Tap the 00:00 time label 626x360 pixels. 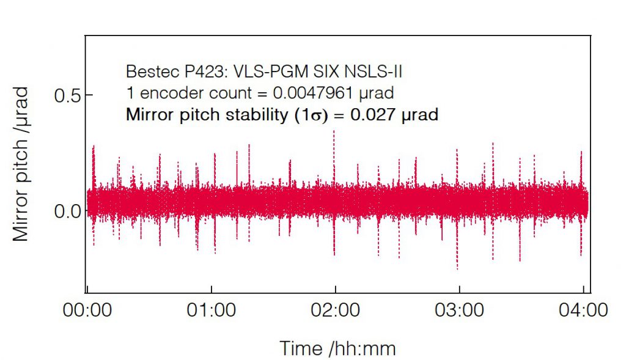pos(88,310)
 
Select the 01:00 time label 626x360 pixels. pos(212,310)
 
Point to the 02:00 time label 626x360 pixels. pos(335,310)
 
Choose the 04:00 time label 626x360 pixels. pos(583,310)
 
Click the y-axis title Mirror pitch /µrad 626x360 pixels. pos(21,163)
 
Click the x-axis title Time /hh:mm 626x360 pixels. pos(337,348)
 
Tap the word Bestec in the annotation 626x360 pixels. pos(147,72)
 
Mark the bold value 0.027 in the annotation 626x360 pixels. pos(373,114)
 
